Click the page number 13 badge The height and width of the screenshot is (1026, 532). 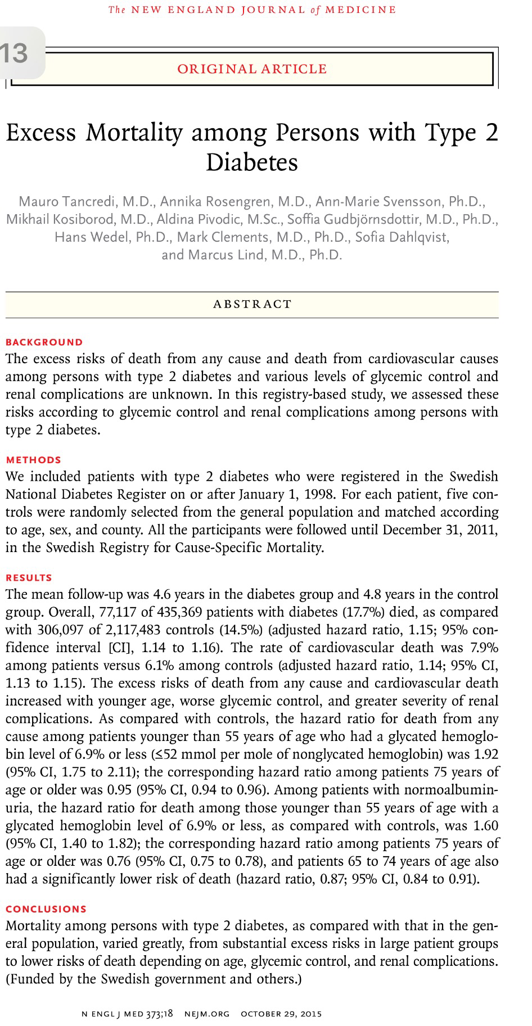pyautogui.click(x=16, y=53)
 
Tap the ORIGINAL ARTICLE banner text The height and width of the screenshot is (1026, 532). pyautogui.click(x=251, y=69)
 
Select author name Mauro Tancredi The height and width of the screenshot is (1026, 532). pyautogui.click(x=64, y=201)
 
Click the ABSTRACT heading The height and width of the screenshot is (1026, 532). pyautogui.click(x=253, y=304)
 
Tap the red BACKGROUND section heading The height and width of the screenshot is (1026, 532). pyautogui.click(x=44, y=342)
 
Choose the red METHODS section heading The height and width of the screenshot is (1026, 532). pyautogui.click(x=33, y=459)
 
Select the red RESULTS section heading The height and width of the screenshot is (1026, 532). pyautogui.click(x=29, y=577)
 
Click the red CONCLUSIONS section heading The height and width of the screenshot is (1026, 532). pyautogui.click(x=46, y=909)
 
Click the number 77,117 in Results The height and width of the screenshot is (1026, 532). pyautogui.click(x=119, y=612)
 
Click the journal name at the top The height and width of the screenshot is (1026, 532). pyautogui.click(x=251, y=10)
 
